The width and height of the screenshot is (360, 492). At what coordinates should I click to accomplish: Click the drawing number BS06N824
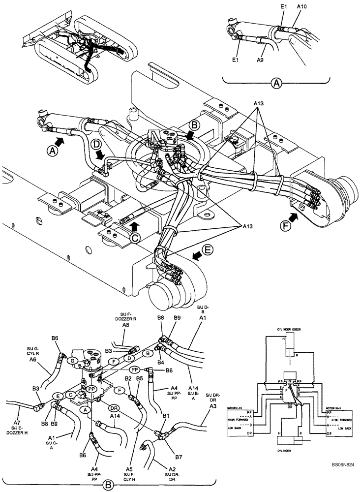pyautogui.click(x=339, y=463)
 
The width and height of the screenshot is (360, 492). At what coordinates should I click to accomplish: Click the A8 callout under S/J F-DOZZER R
pyautogui.click(x=125, y=325)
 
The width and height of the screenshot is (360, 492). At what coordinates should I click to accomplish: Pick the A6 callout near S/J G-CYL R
pyautogui.click(x=33, y=360)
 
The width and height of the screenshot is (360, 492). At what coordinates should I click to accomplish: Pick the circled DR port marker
pyautogui.click(x=114, y=408)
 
